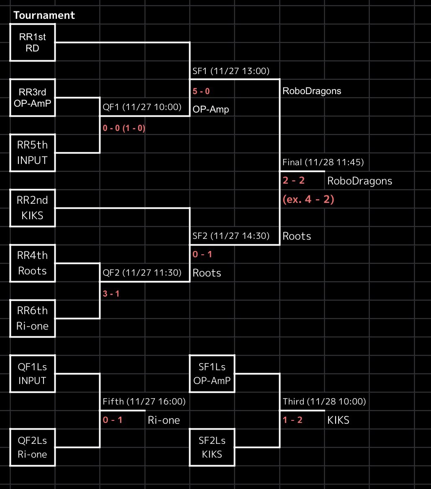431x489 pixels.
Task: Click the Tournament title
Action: point(44,16)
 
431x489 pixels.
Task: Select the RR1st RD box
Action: point(33,42)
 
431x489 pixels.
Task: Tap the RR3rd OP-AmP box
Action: point(33,97)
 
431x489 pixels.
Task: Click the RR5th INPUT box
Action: point(33,153)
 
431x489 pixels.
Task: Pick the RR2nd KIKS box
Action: point(33,208)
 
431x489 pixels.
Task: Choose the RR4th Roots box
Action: point(33,263)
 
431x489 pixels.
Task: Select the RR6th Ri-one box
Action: point(33,318)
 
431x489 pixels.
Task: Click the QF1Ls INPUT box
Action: point(33,374)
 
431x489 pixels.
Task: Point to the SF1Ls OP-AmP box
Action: point(212,374)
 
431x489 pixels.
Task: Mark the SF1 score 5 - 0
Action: point(201,91)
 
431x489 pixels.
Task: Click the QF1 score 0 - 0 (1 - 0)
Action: point(124,128)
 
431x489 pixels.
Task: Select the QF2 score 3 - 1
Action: point(111,294)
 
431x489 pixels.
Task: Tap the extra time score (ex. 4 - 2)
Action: point(308,200)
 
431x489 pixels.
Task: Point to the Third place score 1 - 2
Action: point(292,420)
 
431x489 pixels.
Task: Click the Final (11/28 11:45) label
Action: point(323,162)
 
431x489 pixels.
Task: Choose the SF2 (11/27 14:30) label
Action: point(231,236)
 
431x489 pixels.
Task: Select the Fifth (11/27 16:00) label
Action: point(144,402)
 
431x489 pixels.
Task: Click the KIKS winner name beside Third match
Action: point(338,420)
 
